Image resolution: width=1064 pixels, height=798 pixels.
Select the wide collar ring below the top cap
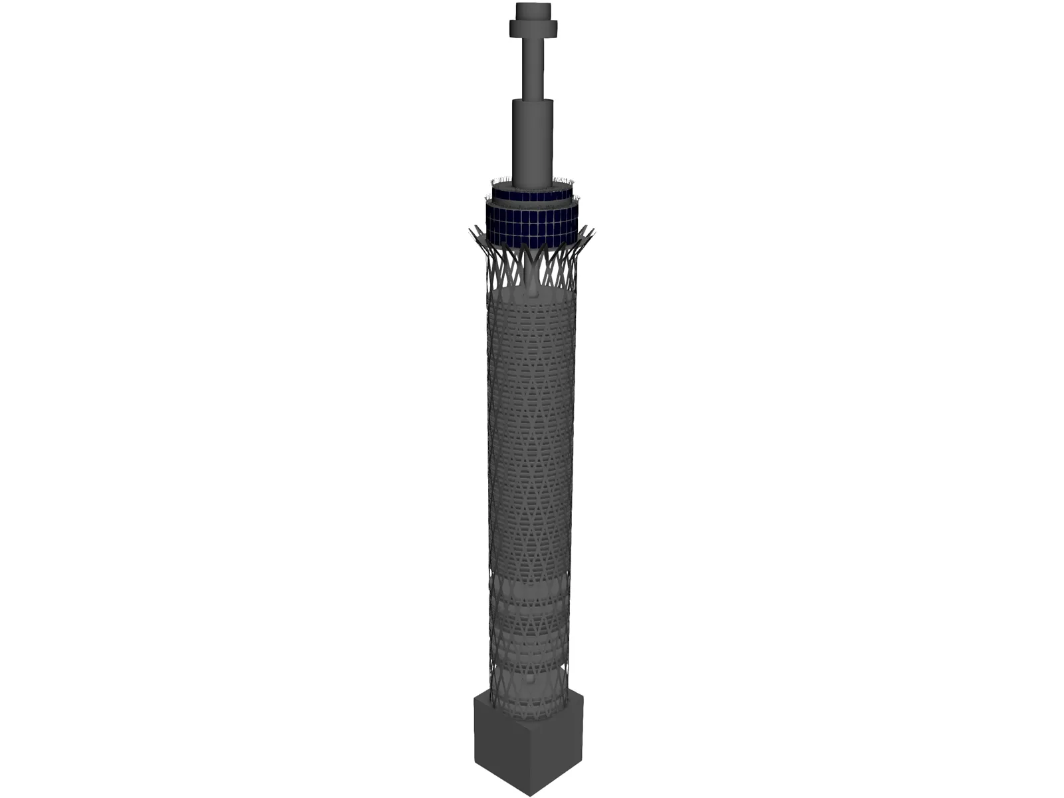tap(533, 29)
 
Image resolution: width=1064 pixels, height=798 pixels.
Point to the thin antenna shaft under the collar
tap(533, 66)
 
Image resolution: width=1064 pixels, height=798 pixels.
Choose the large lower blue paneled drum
tap(532, 226)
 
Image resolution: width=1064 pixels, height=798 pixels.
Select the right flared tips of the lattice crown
tap(587, 233)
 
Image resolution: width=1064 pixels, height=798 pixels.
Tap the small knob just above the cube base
tap(529, 682)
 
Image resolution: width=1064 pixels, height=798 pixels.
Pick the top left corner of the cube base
tap(474, 696)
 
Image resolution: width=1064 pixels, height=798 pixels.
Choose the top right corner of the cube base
tap(583, 696)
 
